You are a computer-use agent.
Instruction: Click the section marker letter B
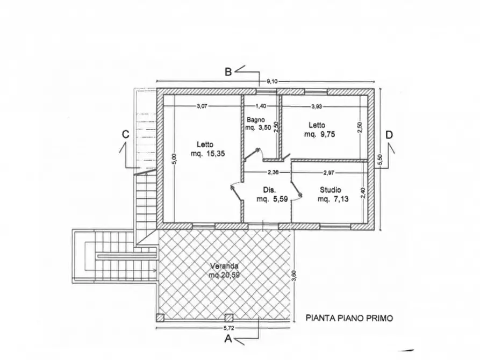click(228, 72)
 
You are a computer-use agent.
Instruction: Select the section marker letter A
click(228, 339)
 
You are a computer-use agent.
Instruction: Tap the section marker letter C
click(125, 135)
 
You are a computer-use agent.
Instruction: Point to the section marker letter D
click(389, 135)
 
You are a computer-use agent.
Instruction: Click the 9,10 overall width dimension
click(274, 82)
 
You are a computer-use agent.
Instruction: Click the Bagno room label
click(255, 120)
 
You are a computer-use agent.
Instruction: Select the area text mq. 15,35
click(207, 154)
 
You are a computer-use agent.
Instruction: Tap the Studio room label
click(330, 190)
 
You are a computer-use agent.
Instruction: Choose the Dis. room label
click(269, 190)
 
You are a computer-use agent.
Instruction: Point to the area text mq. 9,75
click(320, 135)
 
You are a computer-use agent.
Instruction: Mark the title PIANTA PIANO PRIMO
click(349, 318)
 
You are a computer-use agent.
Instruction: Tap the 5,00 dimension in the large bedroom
click(173, 160)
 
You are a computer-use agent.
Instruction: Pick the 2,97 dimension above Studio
click(329, 172)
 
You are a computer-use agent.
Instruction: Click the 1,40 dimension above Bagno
click(261, 106)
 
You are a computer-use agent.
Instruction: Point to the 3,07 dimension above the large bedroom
click(202, 106)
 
